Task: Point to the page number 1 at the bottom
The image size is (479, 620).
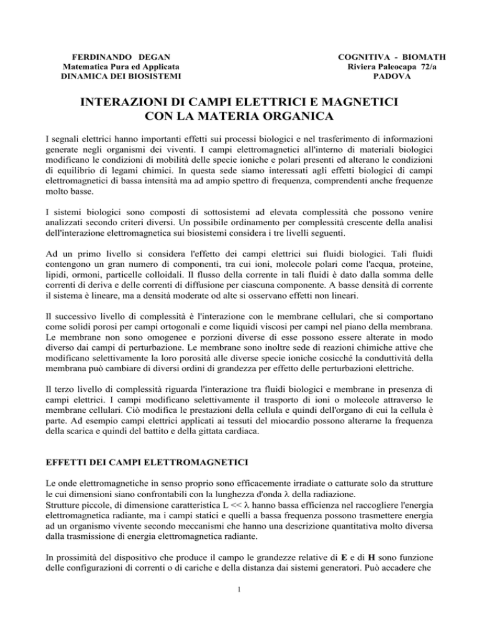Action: pyautogui.click(x=239, y=592)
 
